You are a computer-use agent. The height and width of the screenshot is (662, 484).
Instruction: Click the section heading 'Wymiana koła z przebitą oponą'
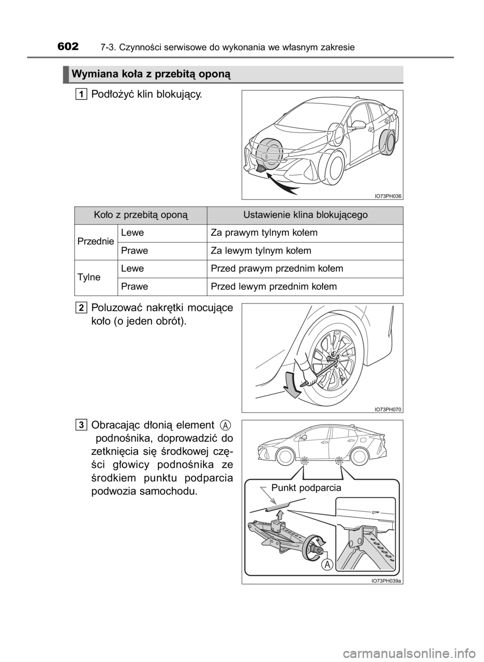[x=151, y=75]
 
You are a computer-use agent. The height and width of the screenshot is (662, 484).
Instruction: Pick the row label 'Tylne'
[x=89, y=277]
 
